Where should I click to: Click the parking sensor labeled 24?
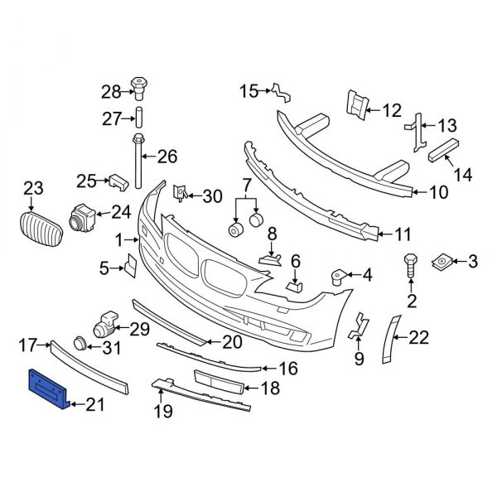pos(83,217)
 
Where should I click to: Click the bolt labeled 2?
pos(409,268)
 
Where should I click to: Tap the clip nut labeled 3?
pos(442,263)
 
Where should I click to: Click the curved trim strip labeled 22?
pos(388,339)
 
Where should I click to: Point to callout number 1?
pos(118,240)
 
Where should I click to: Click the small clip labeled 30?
pos(178,194)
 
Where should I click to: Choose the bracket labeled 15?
pos(282,92)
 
